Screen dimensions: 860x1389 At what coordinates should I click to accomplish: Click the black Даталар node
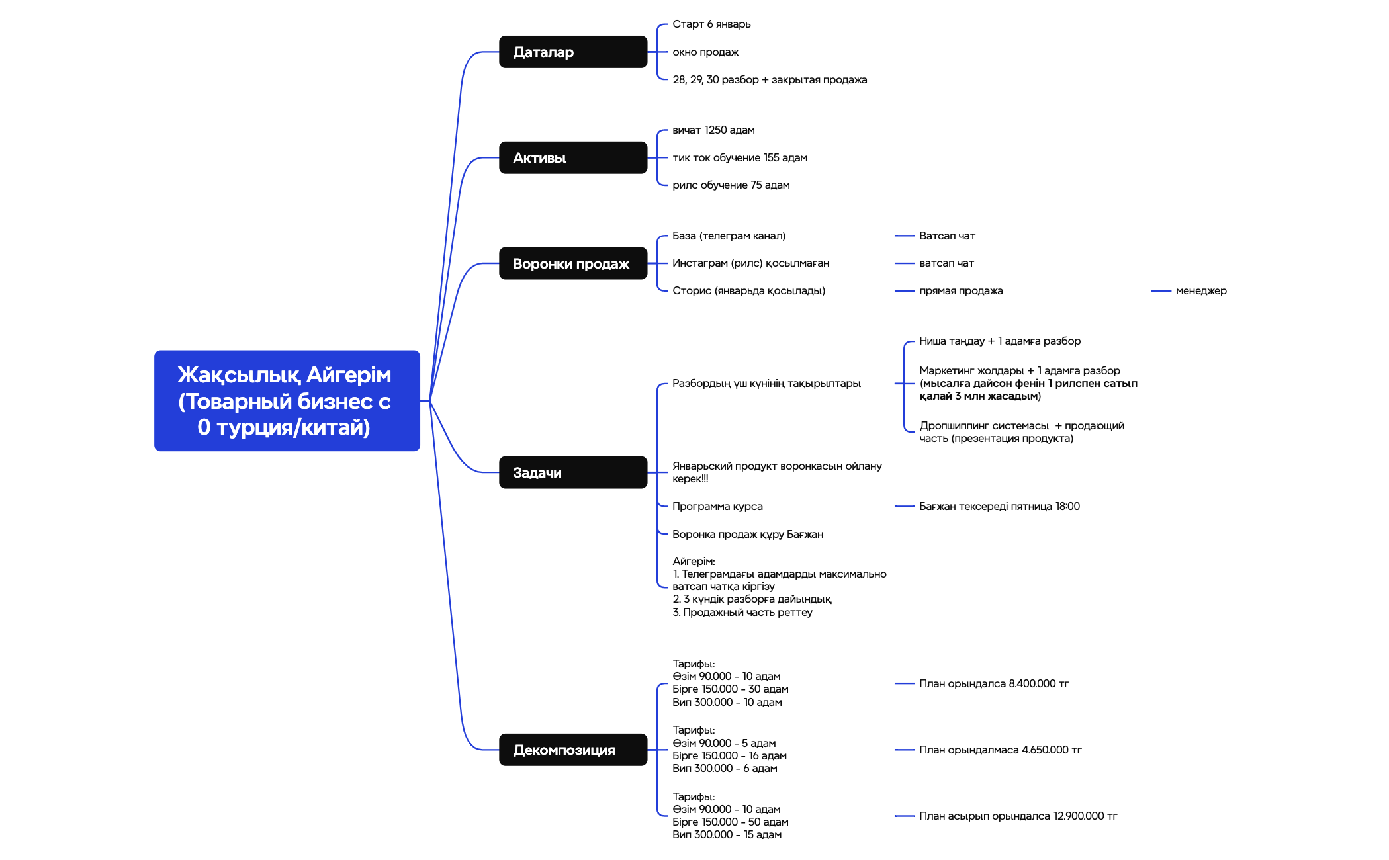572,52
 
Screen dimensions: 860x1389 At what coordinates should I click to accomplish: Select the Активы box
572,157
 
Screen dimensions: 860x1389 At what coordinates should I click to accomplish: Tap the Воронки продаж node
572,263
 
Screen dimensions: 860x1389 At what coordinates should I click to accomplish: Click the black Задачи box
572,472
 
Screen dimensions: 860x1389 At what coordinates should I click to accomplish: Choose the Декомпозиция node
572,750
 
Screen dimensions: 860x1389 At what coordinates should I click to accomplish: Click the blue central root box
287,401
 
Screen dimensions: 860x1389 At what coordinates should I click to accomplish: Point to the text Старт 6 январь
711,24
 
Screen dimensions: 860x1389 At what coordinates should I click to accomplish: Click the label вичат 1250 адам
713,130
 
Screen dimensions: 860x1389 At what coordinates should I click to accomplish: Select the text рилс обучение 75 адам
731,185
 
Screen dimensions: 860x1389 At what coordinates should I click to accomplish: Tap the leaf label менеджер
1200,291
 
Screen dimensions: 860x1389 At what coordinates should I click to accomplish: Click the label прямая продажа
960,291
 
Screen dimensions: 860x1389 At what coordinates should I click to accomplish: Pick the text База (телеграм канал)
729,236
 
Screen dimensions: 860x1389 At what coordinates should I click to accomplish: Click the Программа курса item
717,507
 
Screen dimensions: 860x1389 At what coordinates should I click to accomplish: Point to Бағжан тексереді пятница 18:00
999,507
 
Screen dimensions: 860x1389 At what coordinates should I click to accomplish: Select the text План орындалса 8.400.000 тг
993,684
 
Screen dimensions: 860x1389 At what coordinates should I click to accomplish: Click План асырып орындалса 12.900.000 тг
1017,816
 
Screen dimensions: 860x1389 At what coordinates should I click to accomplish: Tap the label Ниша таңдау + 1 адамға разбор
999,341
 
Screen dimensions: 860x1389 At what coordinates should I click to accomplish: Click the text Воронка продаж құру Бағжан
747,535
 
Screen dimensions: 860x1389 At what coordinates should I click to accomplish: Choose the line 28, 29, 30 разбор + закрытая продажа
769,80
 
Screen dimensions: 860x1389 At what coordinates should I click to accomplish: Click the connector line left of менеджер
1161,291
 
